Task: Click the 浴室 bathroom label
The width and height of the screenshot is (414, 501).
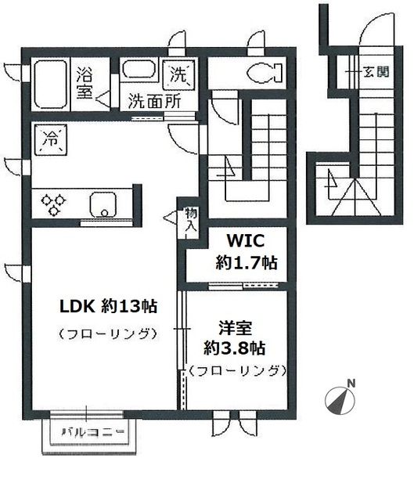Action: [x=85, y=83]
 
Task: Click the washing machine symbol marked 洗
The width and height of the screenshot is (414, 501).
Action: [x=180, y=76]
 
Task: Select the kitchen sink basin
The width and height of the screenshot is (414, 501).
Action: [x=104, y=204]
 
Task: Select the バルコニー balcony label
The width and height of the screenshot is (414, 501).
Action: [x=93, y=432]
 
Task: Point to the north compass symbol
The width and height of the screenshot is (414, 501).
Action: [x=337, y=400]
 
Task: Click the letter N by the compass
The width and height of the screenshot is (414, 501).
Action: [x=351, y=383]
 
